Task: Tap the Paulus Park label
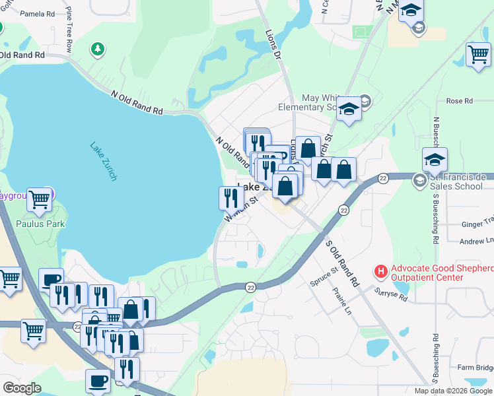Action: (41, 224)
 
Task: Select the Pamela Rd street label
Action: (38, 13)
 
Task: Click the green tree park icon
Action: (98, 48)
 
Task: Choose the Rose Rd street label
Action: (460, 101)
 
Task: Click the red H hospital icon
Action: (380, 271)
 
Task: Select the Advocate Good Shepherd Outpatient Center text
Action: (441, 274)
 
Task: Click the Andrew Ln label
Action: (476, 242)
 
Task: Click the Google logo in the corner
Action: (22, 388)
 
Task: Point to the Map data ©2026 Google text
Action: (453, 391)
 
